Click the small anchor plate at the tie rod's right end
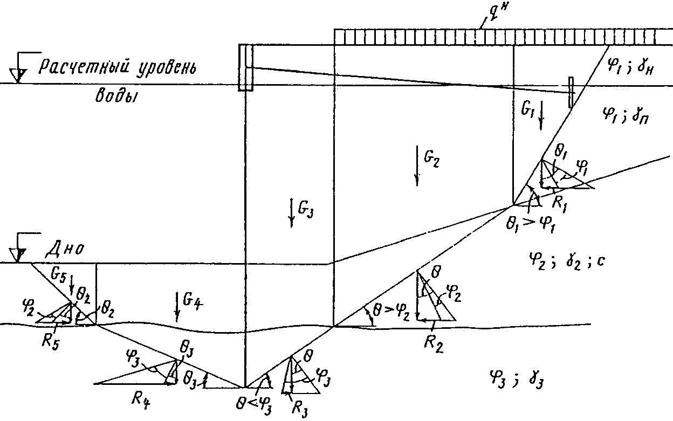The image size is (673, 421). (x=572, y=92)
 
